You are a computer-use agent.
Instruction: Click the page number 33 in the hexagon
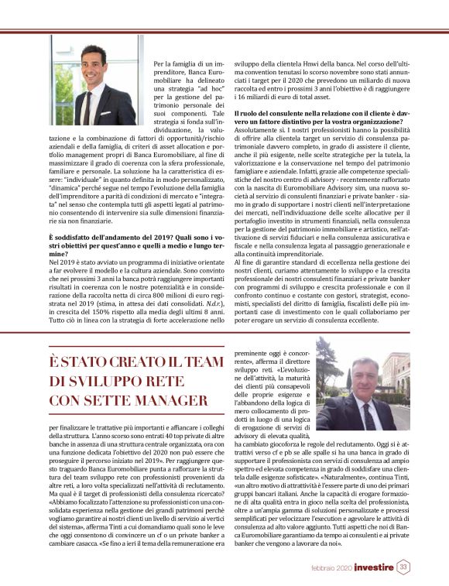pos(403,567)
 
